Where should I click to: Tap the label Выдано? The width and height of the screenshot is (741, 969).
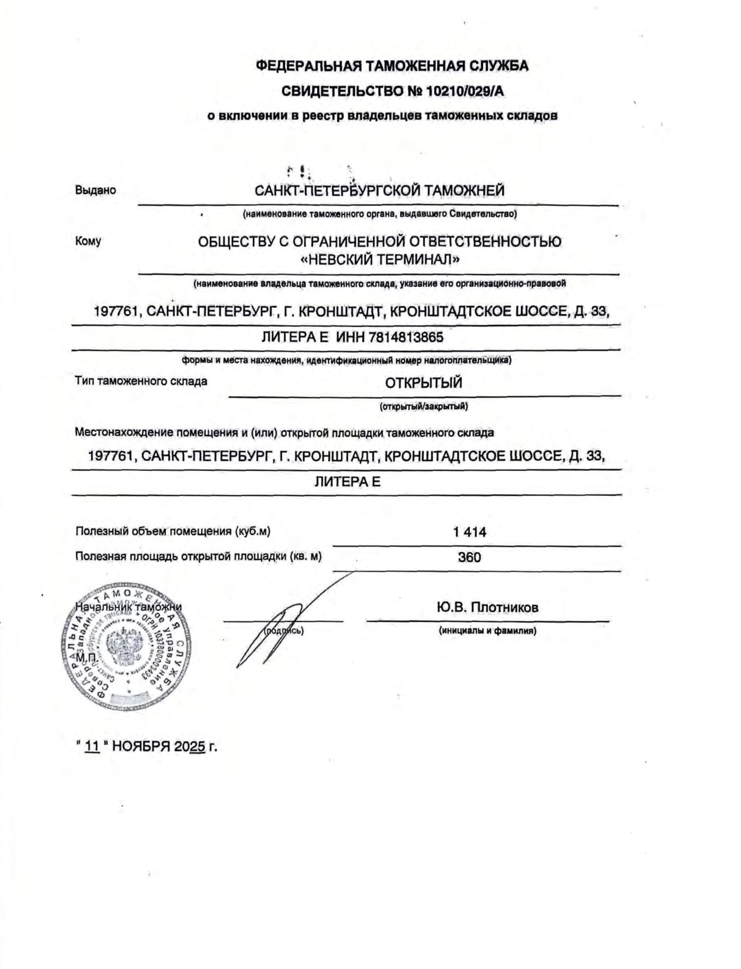coord(96,190)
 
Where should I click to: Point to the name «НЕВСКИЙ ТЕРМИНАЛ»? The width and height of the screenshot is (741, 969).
coord(380,260)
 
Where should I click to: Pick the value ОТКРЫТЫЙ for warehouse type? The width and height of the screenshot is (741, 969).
coord(423,383)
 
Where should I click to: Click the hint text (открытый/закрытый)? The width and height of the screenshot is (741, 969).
coord(423,406)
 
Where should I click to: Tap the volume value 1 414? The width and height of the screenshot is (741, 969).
coord(469,532)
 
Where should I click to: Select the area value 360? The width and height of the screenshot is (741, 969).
coord(469,557)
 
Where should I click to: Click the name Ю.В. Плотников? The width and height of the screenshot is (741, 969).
coord(487,607)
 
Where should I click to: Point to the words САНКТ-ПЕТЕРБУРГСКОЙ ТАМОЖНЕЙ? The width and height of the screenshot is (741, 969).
coord(380,190)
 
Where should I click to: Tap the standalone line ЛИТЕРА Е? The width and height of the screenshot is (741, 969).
coord(348,482)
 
